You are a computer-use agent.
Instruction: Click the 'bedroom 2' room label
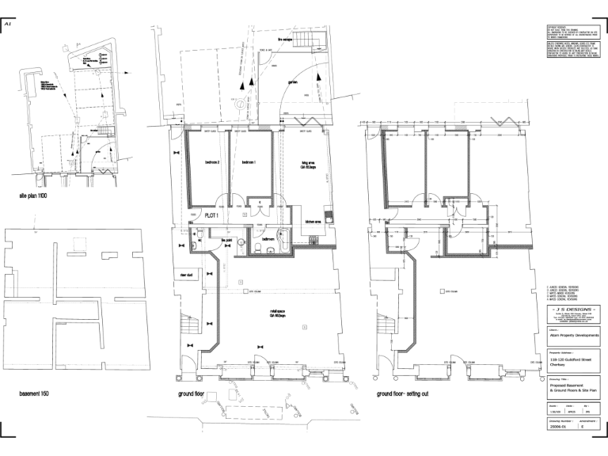pyautogui.click(x=211, y=163)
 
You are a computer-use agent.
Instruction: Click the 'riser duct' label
pyautogui.click(x=187, y=275)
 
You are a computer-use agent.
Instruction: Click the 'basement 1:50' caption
pyautogui.click(x=36, y=393)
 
